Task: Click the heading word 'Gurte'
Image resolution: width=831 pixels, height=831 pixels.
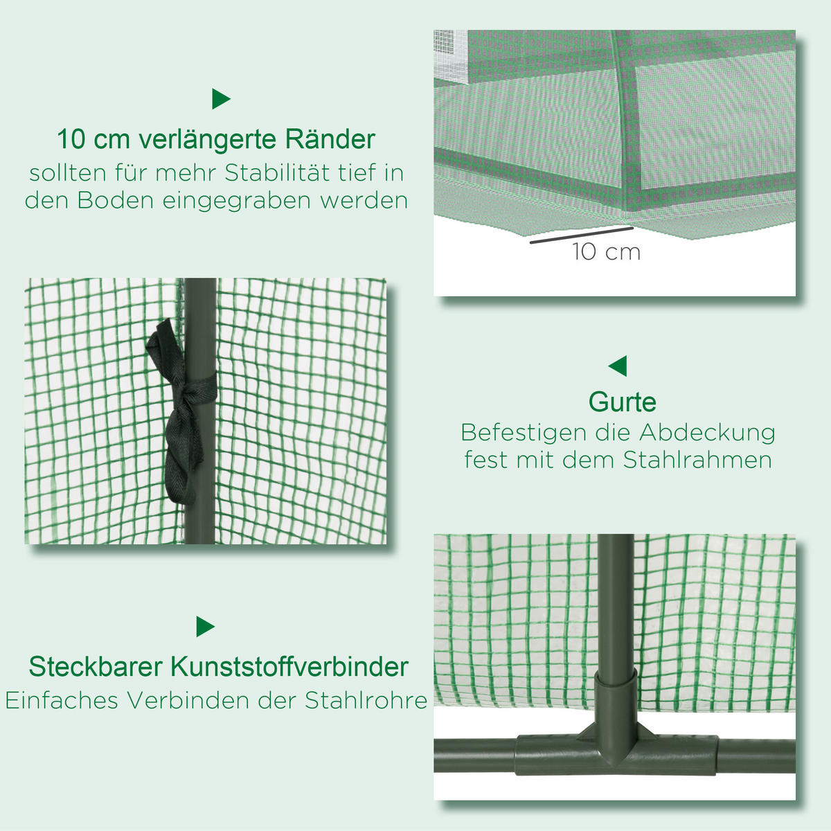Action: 622,402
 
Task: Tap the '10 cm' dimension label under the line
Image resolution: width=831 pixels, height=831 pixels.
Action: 606,252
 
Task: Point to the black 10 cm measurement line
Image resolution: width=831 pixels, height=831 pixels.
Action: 582,235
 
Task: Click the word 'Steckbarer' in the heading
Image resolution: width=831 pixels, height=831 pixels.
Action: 96,667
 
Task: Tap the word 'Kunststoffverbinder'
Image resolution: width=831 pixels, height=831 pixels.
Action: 289,667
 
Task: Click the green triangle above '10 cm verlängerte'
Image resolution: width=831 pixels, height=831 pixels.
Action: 220,99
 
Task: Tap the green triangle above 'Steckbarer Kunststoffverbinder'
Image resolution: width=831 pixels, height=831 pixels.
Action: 205,627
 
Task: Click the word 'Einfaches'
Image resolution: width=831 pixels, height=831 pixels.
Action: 62,700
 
